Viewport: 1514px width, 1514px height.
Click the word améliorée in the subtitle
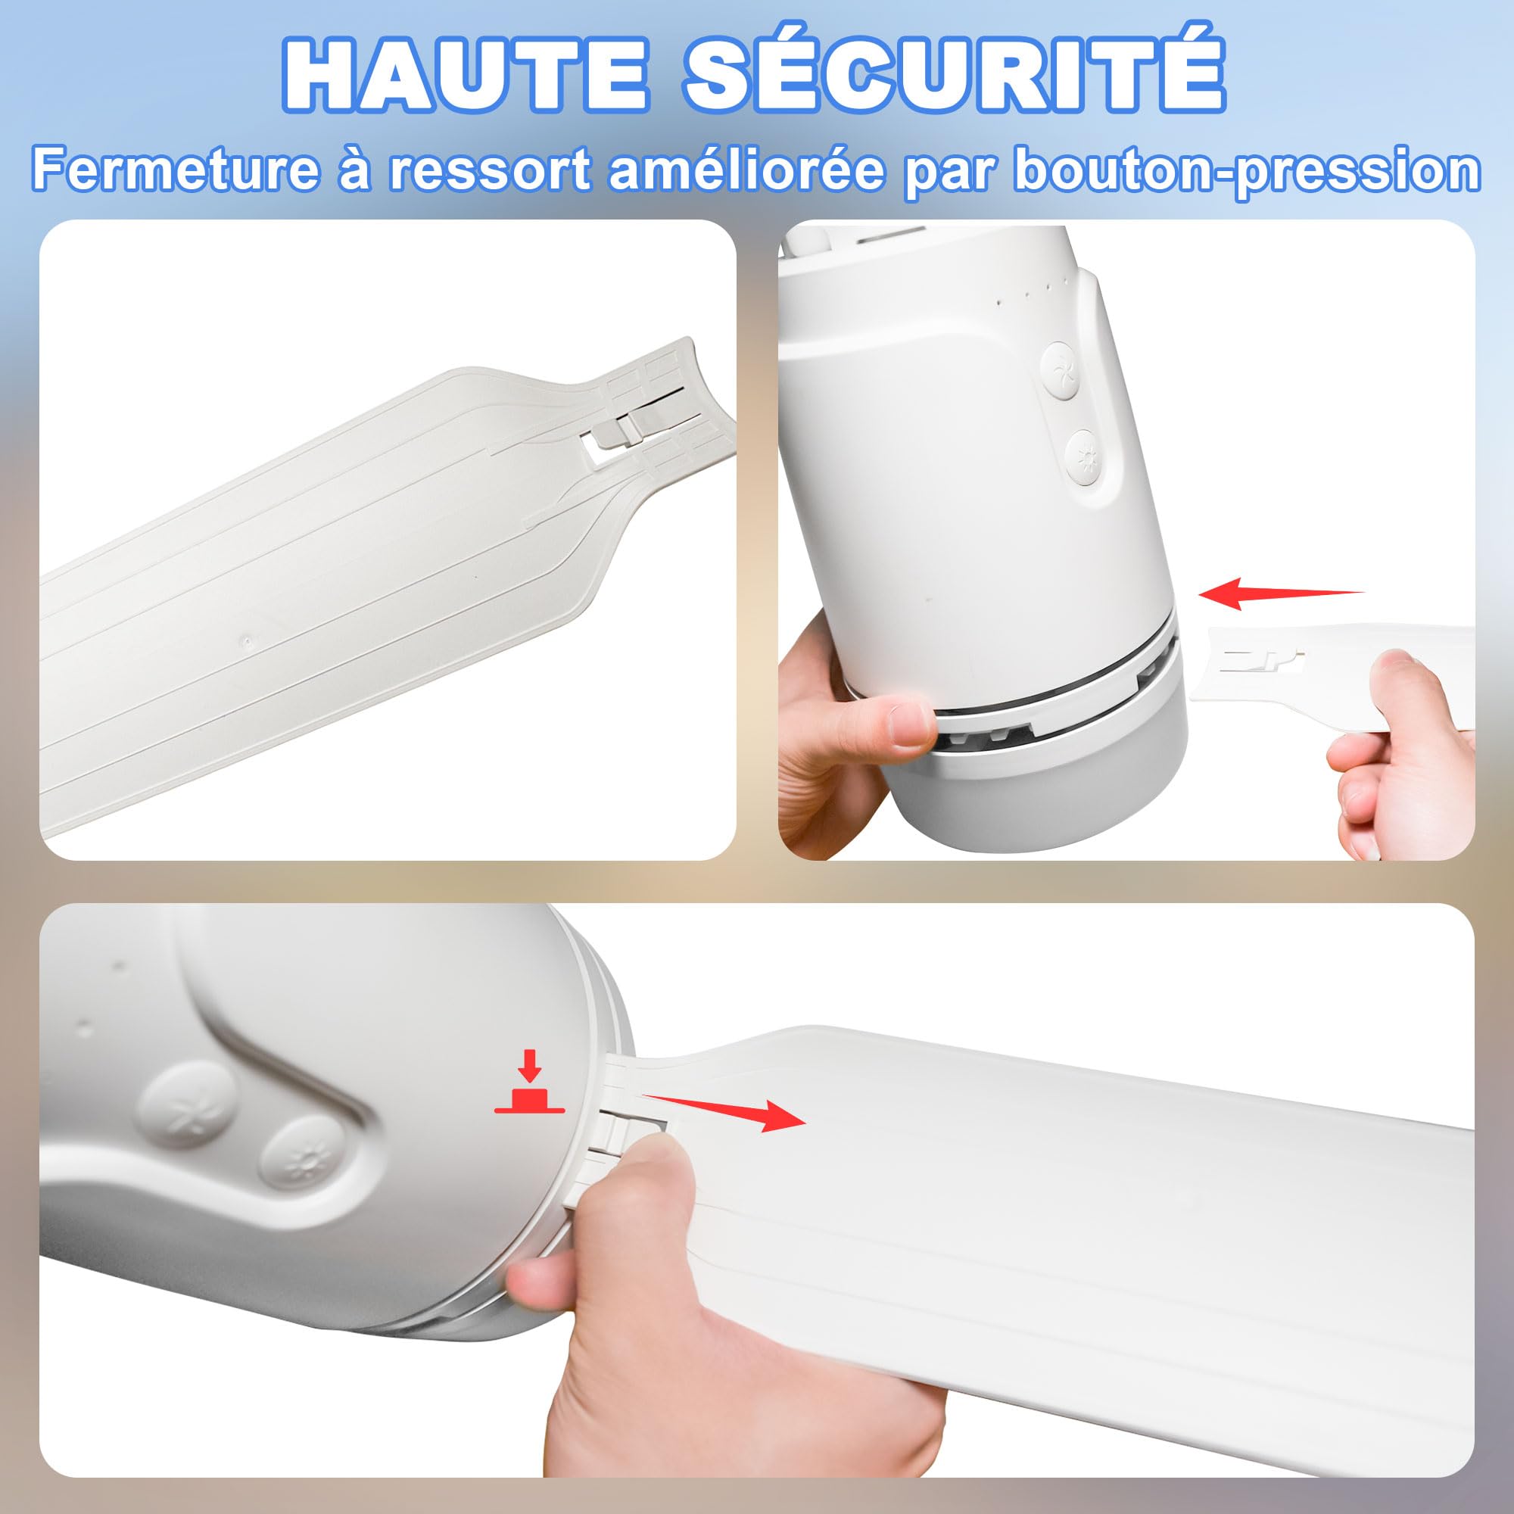pyautogui.click(x=746, y=170)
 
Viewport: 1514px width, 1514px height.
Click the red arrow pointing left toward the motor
pyautogui.click(x=1282, y=593)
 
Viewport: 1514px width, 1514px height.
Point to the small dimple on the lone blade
pyautogui.click(x=248, y=640)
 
